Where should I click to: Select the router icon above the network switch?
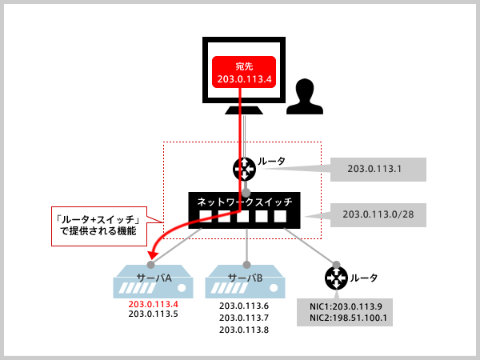pyautogui.click(x=244, y=168)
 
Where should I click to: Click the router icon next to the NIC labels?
pyautogui.click(x=336, y=278)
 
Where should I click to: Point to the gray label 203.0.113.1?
pyautogui.click(x=376, y=169)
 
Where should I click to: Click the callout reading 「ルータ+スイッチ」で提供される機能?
pyautogui.click(x=97, y=225)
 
